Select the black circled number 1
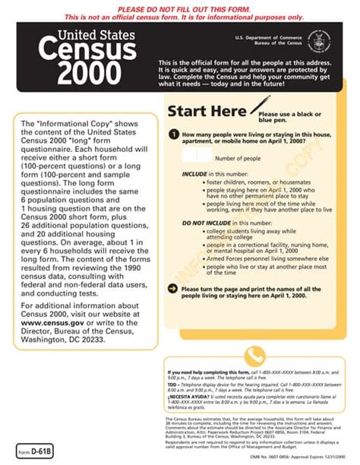click(174, 135)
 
